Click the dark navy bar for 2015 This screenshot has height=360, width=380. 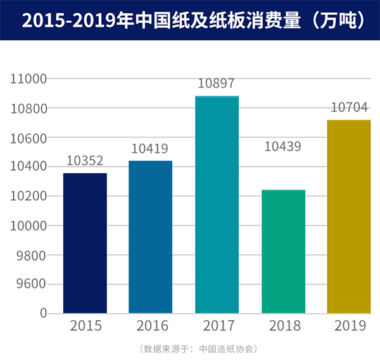pyautogui.click(x=85, y=243)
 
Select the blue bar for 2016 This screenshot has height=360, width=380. pyautogui.click(x=150, y=237)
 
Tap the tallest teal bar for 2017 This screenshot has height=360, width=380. pyautogui.click(x=217, y=204)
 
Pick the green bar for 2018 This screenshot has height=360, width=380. pyautogui.click(x=283, y=251)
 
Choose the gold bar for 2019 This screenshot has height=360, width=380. pyautogui.click(x=349, y=216)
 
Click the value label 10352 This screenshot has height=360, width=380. pyautogui.click(x=85, y=161)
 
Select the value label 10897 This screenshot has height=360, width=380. pyautogui.click(x=217, y=84)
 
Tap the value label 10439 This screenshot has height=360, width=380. pyautogui.click(x=282, y=147)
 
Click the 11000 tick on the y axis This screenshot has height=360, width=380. pyautogui.click(x=30, y=79)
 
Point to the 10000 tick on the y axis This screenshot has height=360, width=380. pyautogui.click(x=30, y=226)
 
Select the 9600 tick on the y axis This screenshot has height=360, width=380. pyautogui.click(x=33, y=284)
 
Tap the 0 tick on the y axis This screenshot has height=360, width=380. pyautogui.click(x=43, y=313)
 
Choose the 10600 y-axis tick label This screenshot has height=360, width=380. pyautogui.click(x=30, y=138)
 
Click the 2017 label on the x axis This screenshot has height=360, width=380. pyautogui.click(x=217, y=327)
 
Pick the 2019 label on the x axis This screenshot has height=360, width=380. pyautogui.click(x=350, y=327)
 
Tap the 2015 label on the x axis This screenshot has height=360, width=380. pyautogui.click(x=85, y=327)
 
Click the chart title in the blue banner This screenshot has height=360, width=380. pyautogui.click(x=190, y=20)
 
